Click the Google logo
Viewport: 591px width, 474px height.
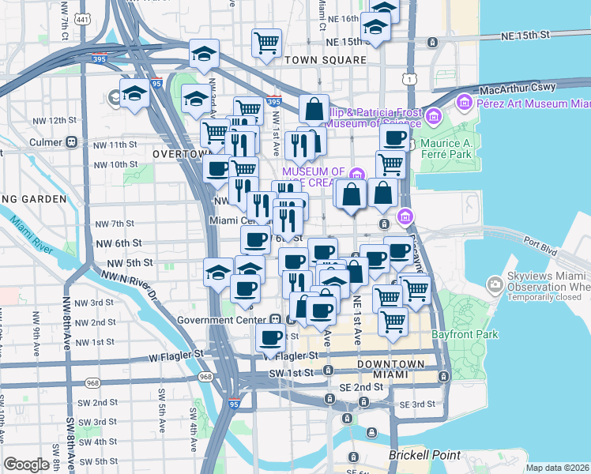tap(26, 465)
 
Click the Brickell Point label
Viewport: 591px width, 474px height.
tap(423, 456)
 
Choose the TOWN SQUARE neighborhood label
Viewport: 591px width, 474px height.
tap(326, 60)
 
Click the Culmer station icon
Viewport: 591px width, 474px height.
tap(71, 142)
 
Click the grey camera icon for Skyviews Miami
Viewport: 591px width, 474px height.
tap(495, 284)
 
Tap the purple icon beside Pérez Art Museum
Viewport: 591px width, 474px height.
tap(463, 103)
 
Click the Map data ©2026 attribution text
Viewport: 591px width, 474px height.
tap(558, 468)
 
